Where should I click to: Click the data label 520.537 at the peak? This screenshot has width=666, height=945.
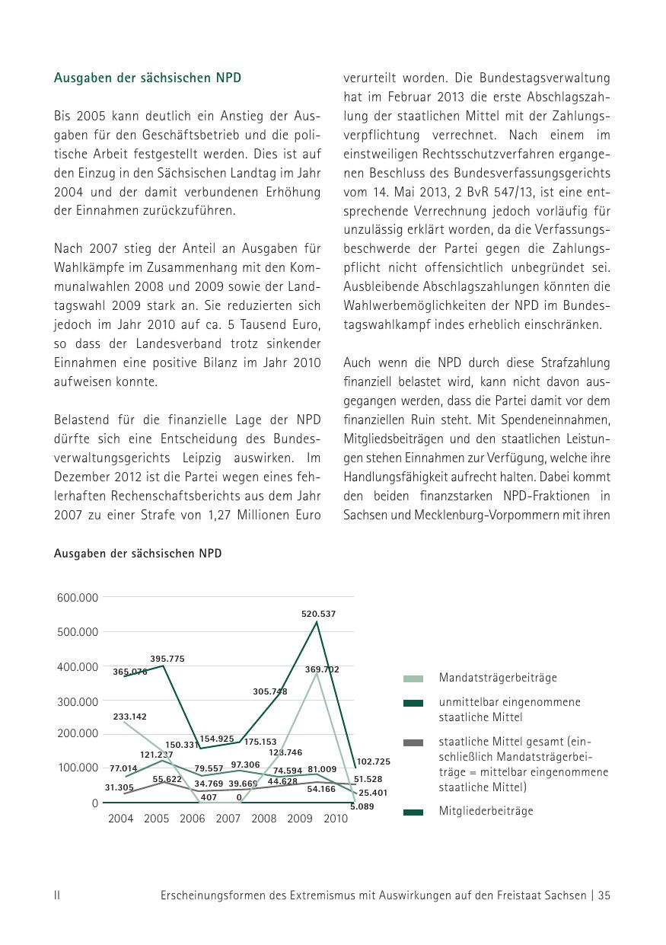pos(318,614)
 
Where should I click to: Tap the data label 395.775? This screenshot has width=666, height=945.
pos(167,659)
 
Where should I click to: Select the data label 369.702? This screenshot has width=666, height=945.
pos(322,669)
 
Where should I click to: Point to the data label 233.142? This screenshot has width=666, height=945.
pos(129,717)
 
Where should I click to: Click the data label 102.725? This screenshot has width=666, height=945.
pos(373,761)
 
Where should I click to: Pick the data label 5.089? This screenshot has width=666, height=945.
pos(362,806)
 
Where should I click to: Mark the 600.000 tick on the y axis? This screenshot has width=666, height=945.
pos(78,598)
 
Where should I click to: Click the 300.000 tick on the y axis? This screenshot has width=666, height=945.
pos(78,701)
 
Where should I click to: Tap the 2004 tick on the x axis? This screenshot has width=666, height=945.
pos(120,819)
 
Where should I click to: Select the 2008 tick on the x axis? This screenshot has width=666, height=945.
pos(264,819)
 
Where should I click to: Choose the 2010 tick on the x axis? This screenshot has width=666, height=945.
pos(336,819)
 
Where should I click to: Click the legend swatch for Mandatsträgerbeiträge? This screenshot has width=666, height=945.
pos(413,678)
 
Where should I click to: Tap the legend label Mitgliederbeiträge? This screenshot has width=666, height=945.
pos(486,811)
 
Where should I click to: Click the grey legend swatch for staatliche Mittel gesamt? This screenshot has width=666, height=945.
pos(413,742)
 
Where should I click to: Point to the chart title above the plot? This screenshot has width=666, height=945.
pos(138,554)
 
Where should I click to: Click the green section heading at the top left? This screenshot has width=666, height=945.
pos(148,78)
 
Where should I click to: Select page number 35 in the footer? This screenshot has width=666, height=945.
pos(604,896)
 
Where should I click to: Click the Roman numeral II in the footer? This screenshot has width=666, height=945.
pos(57,896)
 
